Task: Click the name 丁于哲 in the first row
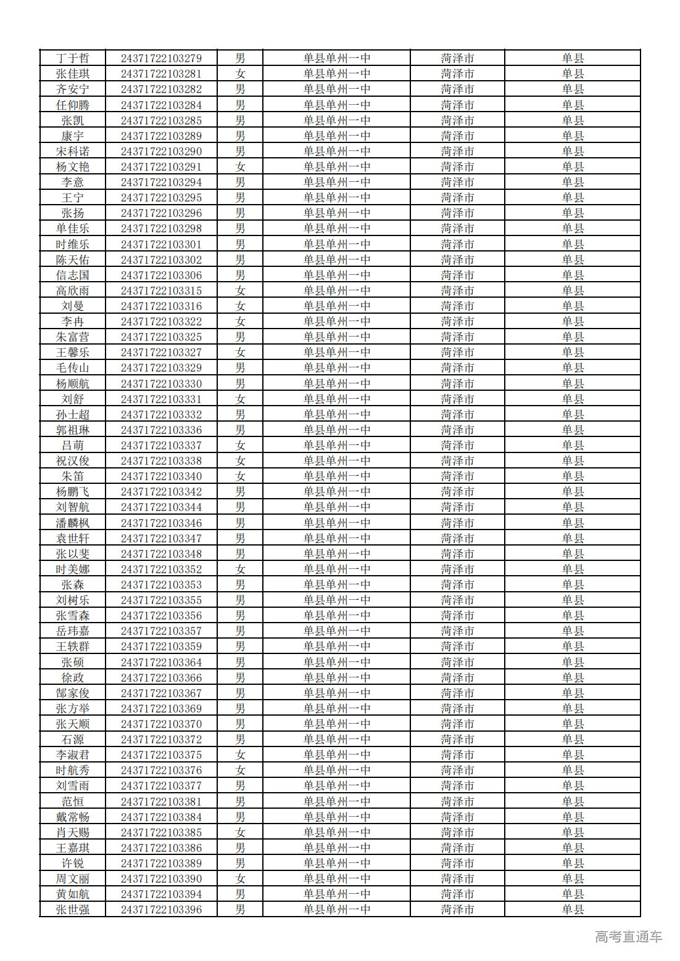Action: click(73, 59)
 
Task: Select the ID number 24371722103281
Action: click(161, 74)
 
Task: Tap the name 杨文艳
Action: click(73, 167)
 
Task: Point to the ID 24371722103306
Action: click(161, 276)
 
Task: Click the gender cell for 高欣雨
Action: click(240, 291)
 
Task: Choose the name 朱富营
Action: click(73, 337)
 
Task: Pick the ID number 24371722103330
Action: click(161, 383)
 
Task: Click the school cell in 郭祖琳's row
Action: click(336, 430)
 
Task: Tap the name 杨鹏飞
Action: click(73, 492)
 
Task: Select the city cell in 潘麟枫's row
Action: click(457, 523)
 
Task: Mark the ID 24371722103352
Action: click(161, 570)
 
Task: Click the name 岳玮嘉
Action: click(73, 631)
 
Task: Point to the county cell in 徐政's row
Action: click(573, 678)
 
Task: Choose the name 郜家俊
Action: click(73, 693)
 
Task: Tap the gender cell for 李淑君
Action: click(240, 755)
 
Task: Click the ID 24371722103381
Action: click(161, 802)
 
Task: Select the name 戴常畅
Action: click(73, 817)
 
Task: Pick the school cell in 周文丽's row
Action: click(336, 879)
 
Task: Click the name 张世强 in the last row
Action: click(73, 910)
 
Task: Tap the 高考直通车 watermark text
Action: click(628, 937)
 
